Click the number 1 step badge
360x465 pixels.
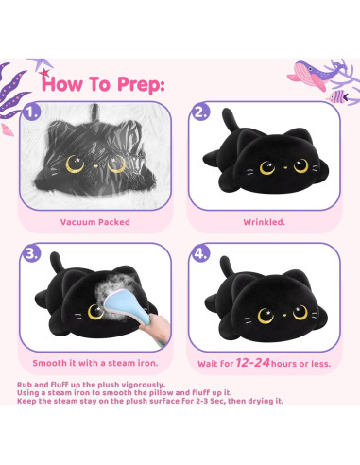point(32,112)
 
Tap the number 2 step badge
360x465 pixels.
point(201,112)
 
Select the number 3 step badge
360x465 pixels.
point(32,253)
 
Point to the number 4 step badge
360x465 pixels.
point(201,253)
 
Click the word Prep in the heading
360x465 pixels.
point(141,85)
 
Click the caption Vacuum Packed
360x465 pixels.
point(95,222)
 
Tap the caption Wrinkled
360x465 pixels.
point(264,222)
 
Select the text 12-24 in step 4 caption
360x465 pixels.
point(252,363)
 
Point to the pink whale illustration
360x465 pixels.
point(310,76)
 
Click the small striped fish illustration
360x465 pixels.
point(338,96)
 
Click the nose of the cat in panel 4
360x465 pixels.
point(284,315)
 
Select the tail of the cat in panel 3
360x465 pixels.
point(57,262)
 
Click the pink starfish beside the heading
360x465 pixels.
point(44,74)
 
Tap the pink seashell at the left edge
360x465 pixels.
point(7,129)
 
